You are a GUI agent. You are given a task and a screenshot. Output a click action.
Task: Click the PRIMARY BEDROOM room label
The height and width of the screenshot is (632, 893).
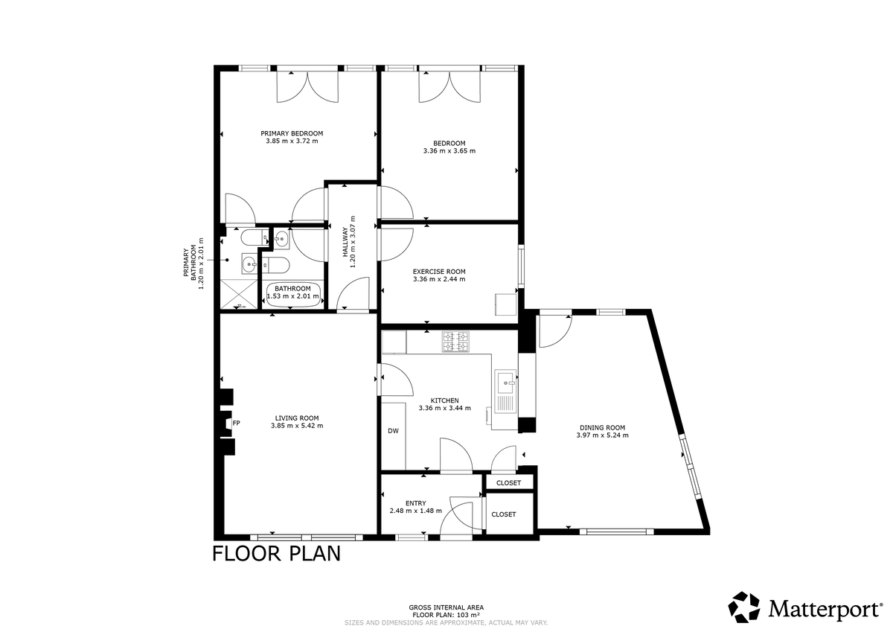(x=292, y=133)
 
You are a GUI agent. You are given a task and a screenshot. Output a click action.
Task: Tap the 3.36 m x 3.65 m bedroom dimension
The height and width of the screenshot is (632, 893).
(x=449, y=151)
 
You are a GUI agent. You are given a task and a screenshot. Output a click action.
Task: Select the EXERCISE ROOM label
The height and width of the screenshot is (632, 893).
(x=439, y=272)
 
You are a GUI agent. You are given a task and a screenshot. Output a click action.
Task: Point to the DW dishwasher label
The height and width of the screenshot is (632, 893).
(x=393, y=431)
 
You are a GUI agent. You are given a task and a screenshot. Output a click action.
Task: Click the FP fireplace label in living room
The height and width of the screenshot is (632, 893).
(x=237, y=424)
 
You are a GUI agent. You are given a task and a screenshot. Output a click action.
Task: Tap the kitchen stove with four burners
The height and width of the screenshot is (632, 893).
(x=455, y=342)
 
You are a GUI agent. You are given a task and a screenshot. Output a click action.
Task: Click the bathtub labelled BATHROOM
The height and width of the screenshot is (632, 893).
(x=293, y=293)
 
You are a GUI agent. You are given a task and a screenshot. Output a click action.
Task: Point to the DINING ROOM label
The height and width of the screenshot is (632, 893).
(x=602, y=428)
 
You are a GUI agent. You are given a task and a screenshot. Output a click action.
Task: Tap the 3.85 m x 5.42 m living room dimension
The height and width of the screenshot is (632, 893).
(x=297, y=426)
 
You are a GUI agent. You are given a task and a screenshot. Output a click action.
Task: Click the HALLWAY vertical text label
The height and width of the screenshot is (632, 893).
(x=346, y=242)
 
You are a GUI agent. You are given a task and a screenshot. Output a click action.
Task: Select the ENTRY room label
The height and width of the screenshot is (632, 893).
(x=415, y=503)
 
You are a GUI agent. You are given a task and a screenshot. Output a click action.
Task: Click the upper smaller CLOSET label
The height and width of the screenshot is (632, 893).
(x=509, y=483)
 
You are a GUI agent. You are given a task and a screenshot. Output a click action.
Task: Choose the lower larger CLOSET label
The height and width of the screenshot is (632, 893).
(x=504, y=514)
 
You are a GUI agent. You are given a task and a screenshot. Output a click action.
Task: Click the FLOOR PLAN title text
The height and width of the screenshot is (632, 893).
(x=276, y=554)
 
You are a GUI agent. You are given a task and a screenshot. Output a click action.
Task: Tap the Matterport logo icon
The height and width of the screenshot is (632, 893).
(x=743, y=607)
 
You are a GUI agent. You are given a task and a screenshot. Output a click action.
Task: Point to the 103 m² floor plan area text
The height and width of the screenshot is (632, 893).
(x=446, y=615)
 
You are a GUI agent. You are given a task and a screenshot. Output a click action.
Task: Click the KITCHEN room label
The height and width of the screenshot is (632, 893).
(x=444, y=400)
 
